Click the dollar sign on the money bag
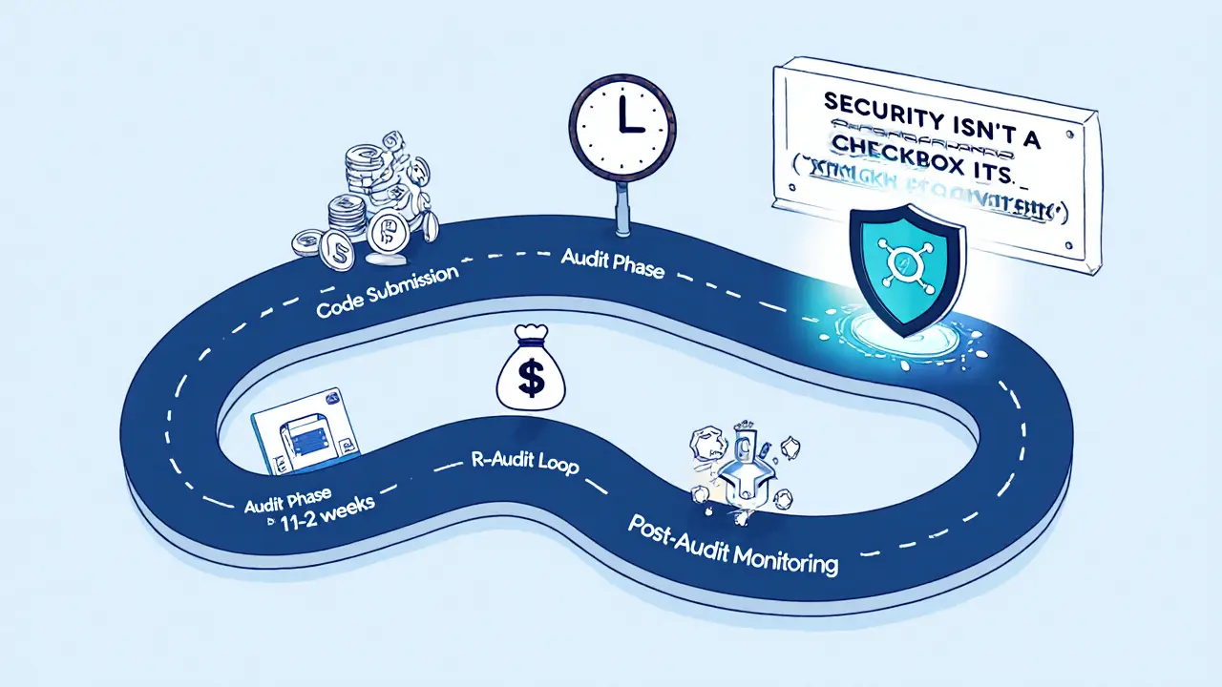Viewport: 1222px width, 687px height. pyautogui.click(x=531, y=373)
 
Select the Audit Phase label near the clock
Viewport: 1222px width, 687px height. pyautogui.click(x=610, y=261)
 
